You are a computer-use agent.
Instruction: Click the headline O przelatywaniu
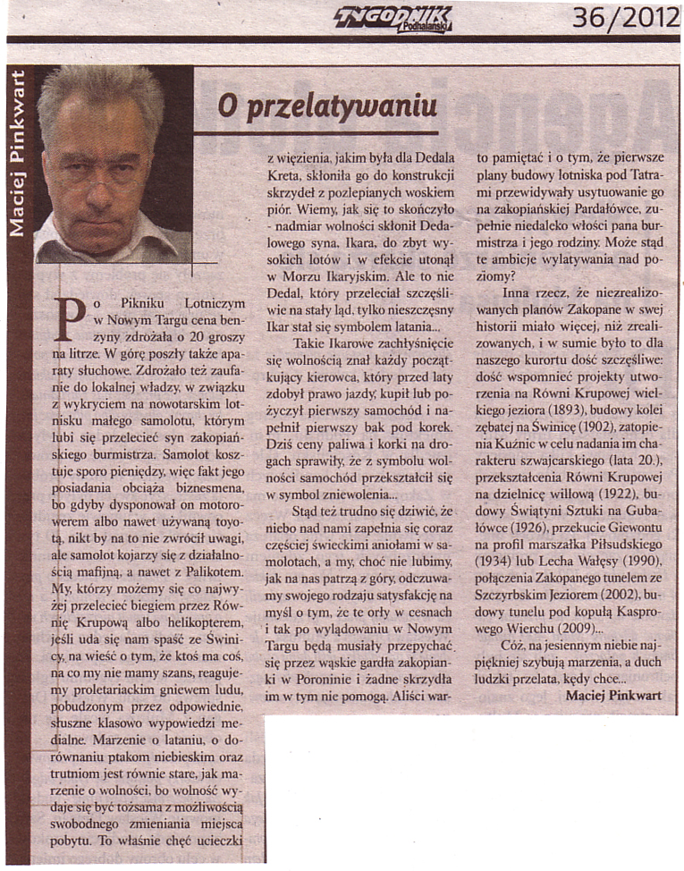point(327,106)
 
